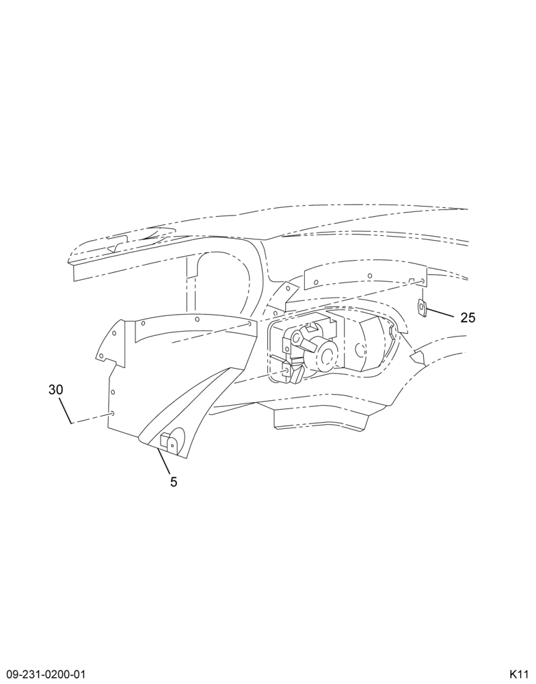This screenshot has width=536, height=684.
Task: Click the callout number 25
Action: [x=468, y=317]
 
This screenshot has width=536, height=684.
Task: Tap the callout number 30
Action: [x=56, y=390]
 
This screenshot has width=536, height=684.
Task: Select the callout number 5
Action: [x=174, y=482]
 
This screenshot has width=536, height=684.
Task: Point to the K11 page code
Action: [x=520, y=673]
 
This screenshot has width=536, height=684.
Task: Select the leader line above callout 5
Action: [x=163, y=461]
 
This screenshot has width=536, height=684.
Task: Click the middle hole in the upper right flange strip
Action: [x=369, y=276]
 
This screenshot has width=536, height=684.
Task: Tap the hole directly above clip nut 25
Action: [x=423, y=280]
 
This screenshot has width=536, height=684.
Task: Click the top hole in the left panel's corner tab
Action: [x=113, y=333]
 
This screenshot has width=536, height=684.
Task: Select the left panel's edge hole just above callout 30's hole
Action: [x=112, y=392]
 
